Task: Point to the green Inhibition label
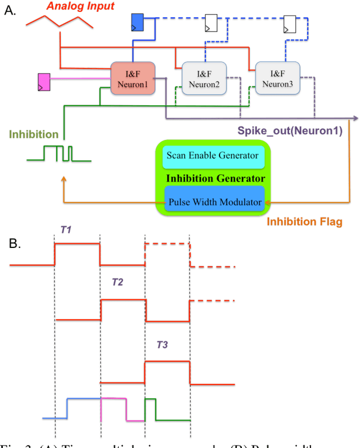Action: tap(33, 134)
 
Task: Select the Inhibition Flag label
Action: tap(304, 221)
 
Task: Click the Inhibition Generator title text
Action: tap(215, 179)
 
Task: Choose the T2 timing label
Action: tap(118, 282)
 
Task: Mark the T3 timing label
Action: tap(162, 344)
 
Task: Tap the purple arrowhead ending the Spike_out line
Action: tap(355, 118)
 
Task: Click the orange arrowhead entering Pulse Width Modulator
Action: tap(268, 202)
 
